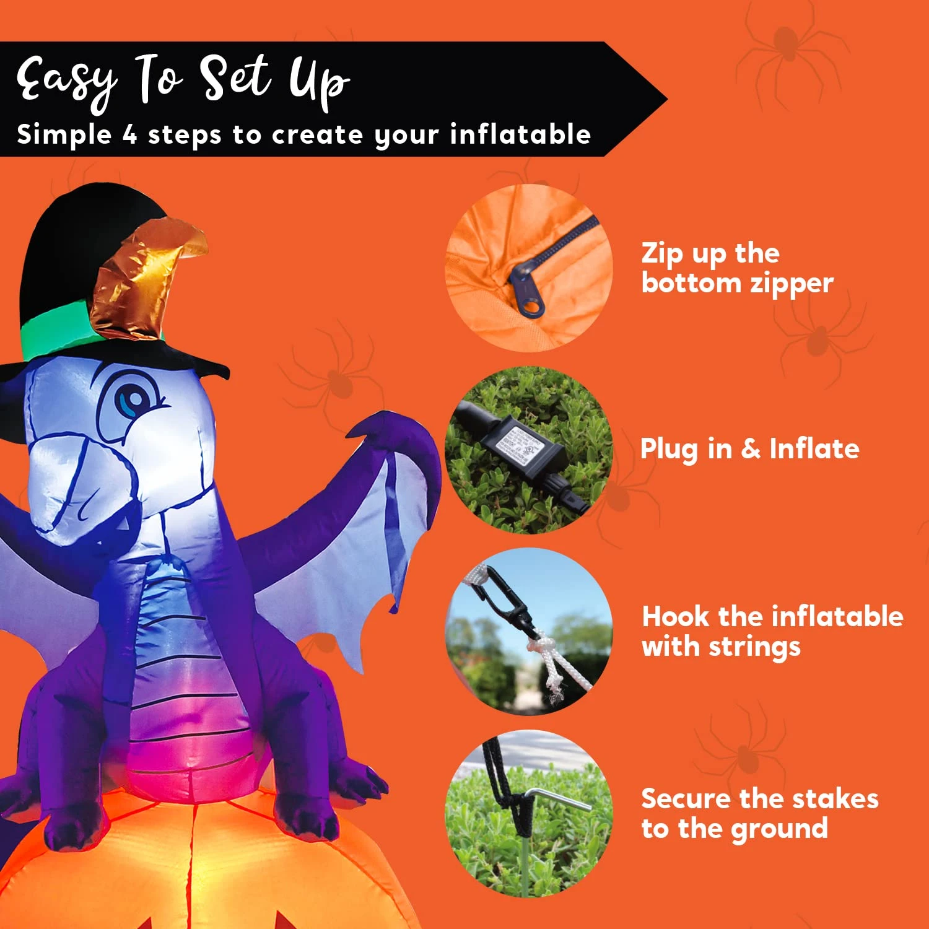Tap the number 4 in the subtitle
pyautogui.click(x=129, y=134)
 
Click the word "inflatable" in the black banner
pyautogui.click(x=520, y=134)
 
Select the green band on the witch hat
pyautogui.click(x=56, y=335)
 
